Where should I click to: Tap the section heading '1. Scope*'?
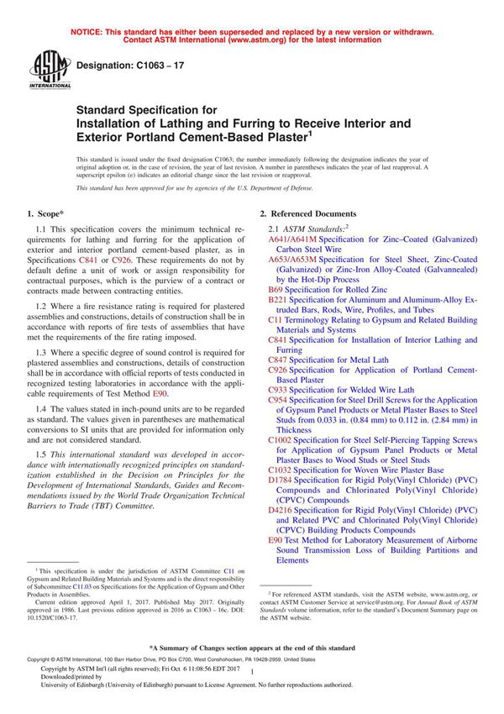click(49, 214)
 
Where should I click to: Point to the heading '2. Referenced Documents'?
click(308, 214)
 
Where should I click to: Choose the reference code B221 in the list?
click(280, 299)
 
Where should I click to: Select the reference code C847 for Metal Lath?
click(280, 359)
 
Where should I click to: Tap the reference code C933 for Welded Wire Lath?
click(280, 390)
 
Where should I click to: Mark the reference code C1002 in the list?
click(282, 439)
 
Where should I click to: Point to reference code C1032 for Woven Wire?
click(282, 470)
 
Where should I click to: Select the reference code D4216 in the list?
click(282, 509)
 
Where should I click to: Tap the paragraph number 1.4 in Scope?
click(42, 408)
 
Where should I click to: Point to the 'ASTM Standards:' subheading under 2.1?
click(310, 228)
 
